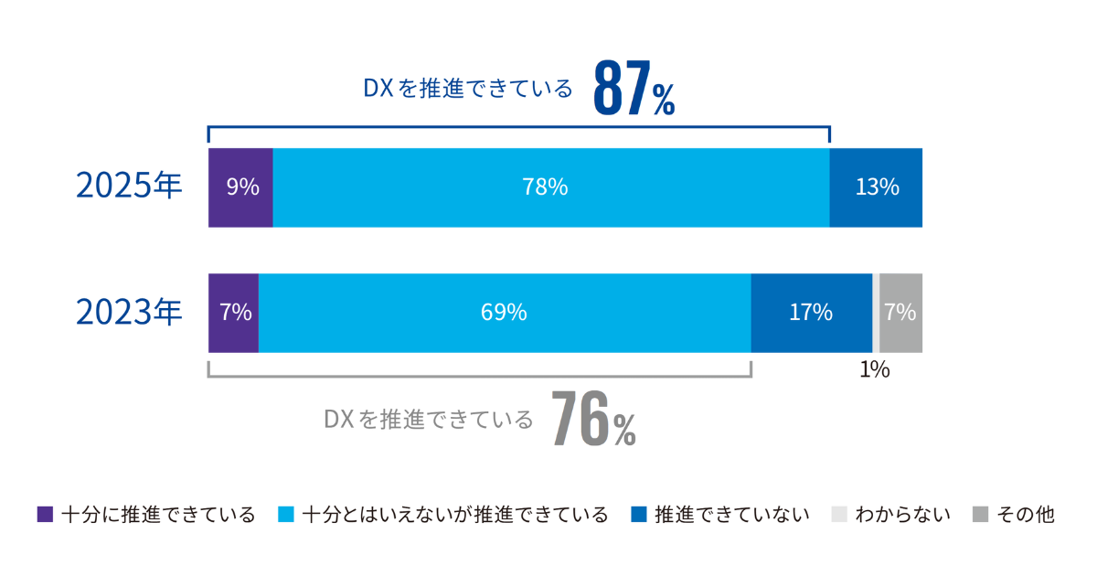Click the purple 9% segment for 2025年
241,187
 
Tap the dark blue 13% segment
876,187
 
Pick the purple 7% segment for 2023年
234,313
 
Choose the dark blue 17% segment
811,313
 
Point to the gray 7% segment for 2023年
900,313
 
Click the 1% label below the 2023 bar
875,370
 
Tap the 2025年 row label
129,187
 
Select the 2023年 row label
129,313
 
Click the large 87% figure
634,90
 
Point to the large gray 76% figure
593,420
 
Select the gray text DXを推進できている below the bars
429,420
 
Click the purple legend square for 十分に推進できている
46,515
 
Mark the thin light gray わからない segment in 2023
876,313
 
